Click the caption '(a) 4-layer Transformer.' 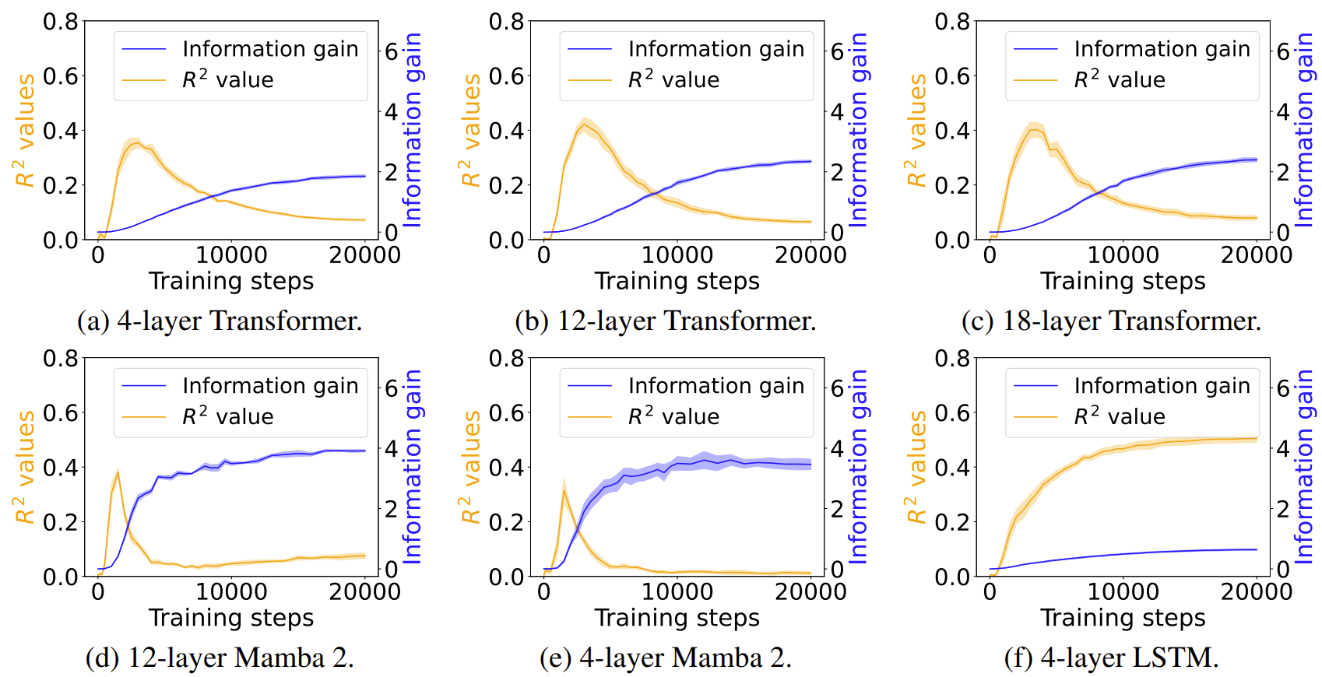[220, 321]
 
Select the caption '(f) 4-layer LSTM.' [1111, 658]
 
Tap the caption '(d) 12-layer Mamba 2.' [220, 658]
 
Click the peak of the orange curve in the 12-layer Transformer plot [584, 125]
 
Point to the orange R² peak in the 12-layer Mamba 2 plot [118, 472]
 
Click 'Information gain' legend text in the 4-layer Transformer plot [270, 49]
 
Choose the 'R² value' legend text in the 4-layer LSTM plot [1120, 417]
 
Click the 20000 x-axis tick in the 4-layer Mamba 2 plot [810, 591]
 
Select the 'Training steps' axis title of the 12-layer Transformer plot [677, 281]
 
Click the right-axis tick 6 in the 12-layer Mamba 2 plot [392, 388]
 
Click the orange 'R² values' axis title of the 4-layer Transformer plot [25, 131]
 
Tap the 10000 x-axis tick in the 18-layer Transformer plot [1123, 254]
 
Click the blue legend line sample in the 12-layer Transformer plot [590, 49]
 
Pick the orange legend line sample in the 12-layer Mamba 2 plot [144, 417]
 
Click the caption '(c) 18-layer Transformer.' [1111, 321]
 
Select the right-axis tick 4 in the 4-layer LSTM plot [1283, 449]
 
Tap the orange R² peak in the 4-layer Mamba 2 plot [564, 490]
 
